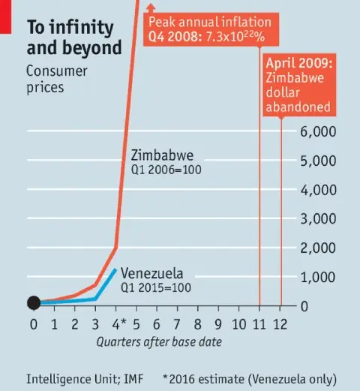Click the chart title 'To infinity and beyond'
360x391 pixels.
click(x=73, y=38)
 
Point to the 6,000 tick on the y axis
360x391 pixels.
click(x=322, y=131)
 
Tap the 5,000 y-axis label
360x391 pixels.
click(x=322, y=161)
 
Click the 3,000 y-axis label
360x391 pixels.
click(x=322, y=219)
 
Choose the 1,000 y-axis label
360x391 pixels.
click(x=322, y=277)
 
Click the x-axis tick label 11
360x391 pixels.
click(x=259, y=324)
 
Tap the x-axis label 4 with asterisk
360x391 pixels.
click(x=118, y=324)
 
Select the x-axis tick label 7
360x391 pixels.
click(x=177, y=324)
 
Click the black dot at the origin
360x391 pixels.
click(x=34, y=303)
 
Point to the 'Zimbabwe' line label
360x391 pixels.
click(x=163, y=155)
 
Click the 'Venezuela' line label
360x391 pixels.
click(x=151, y=273)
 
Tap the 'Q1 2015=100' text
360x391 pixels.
click(x=155, y=287)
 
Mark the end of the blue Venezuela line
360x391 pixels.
click(x=115, y=269)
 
